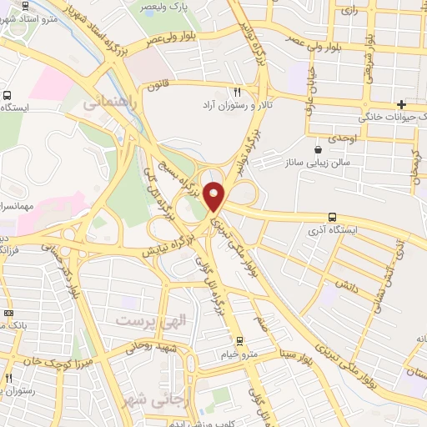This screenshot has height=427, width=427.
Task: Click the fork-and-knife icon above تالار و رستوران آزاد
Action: point(238,92)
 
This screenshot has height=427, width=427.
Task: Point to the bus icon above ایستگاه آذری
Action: point(333,216)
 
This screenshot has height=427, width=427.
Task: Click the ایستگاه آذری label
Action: point(333,229)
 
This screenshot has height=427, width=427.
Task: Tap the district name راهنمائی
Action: point(106,102)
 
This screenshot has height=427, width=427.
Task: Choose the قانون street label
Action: point(159,86)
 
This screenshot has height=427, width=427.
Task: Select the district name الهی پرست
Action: point(147,321)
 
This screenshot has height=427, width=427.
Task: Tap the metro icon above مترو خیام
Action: point(240,341)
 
